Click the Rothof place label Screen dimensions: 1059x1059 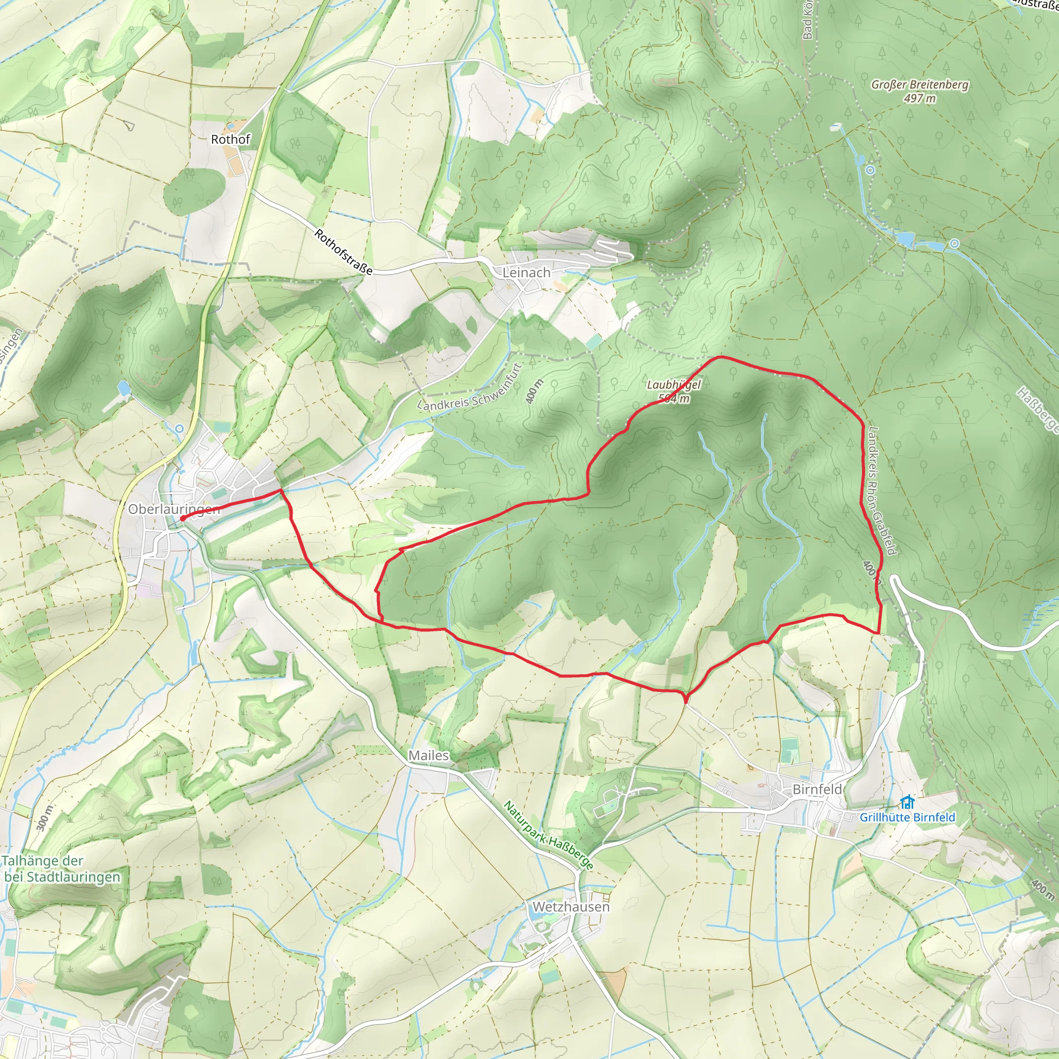point(230,139)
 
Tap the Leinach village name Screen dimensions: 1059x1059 point(526,273)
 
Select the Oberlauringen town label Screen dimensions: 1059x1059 point(174,509)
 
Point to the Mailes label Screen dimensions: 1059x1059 point(428,755)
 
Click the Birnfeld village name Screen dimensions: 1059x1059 point(816,789)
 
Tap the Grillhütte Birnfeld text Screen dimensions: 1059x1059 point(906,818)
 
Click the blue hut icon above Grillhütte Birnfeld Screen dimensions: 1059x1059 point(907,802)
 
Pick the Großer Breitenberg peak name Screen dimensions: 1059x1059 point(920,84)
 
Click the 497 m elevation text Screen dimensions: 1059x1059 point(920,99)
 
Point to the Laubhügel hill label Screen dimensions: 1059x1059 point(674,385)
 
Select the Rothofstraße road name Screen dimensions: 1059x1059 point(343,252)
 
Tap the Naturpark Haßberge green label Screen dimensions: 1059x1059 point(548,836)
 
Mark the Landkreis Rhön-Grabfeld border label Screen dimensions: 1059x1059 point(882,491)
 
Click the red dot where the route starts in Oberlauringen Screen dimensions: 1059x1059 point(182,518)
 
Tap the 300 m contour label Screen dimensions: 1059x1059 point(45,819)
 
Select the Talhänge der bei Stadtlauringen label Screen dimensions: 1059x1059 point(60,869)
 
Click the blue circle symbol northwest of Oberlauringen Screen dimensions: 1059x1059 point(180,429)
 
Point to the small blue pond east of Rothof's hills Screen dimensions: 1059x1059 point(124,388)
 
